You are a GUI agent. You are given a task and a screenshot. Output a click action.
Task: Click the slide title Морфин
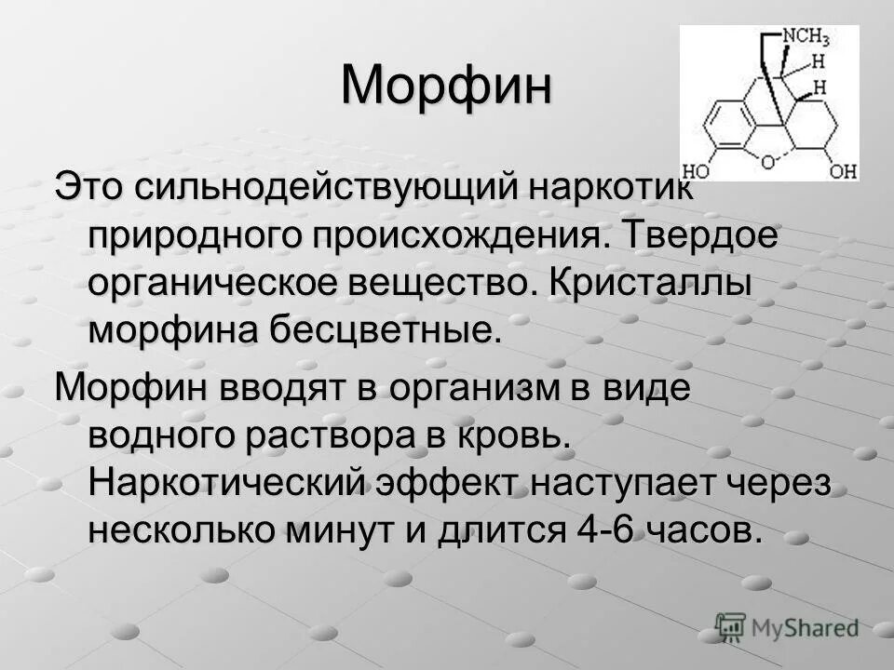(x=446, y=87)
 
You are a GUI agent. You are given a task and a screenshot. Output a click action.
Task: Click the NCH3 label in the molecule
(x=805, y=38)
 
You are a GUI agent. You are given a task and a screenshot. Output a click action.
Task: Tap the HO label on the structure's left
(x=696, y=171)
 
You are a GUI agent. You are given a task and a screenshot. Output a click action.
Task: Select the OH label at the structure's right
(x=843, y=171)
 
